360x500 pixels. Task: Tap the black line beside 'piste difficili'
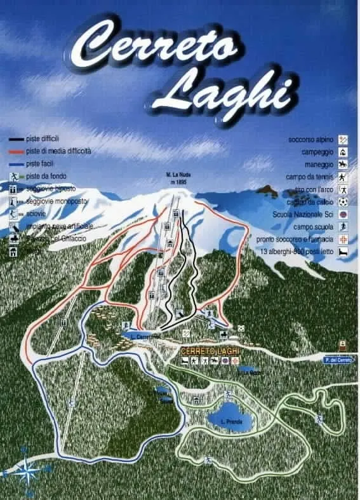click(16, 139)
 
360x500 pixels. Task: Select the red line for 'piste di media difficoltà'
click(16, 151)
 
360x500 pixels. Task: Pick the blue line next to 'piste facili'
click(16, 163)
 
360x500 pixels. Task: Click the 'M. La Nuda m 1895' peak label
click(178, 178)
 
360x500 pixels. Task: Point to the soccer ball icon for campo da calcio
click(343, 202)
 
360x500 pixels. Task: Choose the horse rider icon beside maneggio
click(343, 165)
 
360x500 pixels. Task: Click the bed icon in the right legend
click(343, 252)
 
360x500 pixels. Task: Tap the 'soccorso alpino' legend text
click(311, 139)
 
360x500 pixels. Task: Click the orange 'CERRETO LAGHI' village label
click(207, 351)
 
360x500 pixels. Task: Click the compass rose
click(27, 471)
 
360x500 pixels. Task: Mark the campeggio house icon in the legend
click(343, 152)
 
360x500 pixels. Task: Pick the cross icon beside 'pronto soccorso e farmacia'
click(343, 240)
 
